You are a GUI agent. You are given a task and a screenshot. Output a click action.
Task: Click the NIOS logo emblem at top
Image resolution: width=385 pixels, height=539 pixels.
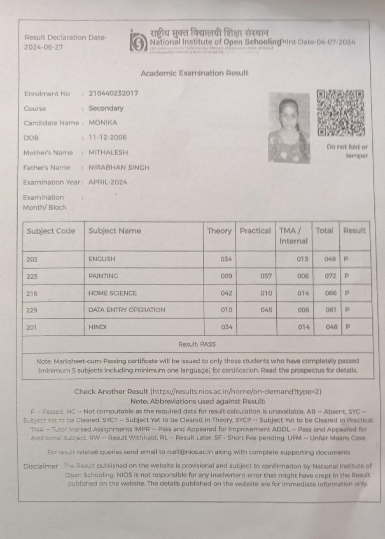[x=138, y=42]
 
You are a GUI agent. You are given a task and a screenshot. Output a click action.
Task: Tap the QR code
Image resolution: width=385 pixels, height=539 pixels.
[x=341, y=113]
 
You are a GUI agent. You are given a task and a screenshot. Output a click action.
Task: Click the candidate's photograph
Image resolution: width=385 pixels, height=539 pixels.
[x=289, y=128]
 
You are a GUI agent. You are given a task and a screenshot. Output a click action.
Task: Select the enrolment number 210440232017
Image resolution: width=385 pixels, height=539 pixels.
[x=114, y=93]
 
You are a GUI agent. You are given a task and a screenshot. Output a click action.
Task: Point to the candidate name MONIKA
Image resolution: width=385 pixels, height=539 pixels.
[x=103, y=123]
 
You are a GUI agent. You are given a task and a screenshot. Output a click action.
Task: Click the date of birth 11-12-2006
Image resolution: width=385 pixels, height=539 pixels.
[x=108, y=137]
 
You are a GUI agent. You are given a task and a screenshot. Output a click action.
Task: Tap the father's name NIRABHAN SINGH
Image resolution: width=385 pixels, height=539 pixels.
[x=119, y=167]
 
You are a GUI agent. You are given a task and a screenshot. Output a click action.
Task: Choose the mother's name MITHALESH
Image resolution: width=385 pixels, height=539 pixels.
[x=109, y=152]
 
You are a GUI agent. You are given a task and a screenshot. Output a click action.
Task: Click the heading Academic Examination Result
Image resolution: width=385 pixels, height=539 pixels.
[x=195, y=73]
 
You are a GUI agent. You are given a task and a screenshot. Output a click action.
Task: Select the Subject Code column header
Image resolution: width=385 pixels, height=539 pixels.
[x=51, y=231]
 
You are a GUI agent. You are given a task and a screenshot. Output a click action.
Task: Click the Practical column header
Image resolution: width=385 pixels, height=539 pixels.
[x=255, y=231]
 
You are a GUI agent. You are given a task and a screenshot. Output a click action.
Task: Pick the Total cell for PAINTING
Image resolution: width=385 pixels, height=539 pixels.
[x=330, y=276]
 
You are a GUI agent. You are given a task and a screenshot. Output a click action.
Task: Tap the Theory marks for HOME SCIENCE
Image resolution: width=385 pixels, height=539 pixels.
[x=226, y=293]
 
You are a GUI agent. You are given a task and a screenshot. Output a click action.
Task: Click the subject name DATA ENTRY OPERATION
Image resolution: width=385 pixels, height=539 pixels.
[x=126, y=310]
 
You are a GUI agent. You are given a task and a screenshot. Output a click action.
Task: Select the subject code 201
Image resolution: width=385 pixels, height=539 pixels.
[x=32, y=327]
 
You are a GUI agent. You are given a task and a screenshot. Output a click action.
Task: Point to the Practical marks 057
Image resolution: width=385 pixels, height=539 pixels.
[x=266, y=276]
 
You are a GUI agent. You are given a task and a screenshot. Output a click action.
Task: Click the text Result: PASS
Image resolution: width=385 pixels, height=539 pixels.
[x=197, y=344]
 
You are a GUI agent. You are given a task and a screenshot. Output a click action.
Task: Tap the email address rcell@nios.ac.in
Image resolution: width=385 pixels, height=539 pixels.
[x=189, y=452]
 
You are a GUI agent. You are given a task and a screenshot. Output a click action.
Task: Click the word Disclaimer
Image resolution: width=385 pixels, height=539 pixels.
[x=41, y=466]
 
